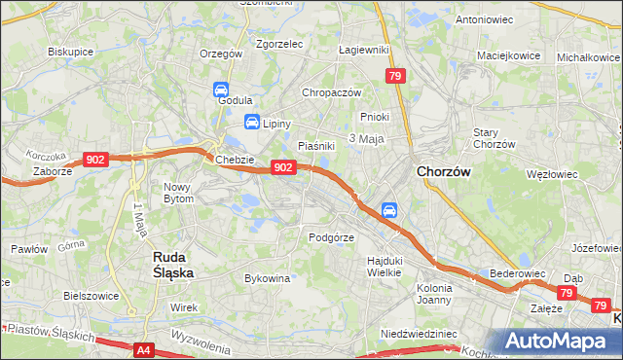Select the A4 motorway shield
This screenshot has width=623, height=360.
click(x=144, y=348)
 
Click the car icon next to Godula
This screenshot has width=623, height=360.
click(x=221, y=90)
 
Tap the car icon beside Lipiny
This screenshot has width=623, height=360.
click(x=251, y=123)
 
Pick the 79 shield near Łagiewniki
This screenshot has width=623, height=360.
click(x=394, y=76)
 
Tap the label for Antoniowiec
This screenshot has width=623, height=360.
click(x=484, y=18)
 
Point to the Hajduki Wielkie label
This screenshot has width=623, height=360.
click(x=385, y=267)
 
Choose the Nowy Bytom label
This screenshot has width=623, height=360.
click(x=178, y=193)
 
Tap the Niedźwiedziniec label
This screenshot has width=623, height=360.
click(x=419, y=333)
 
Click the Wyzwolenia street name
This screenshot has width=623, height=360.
click(x=199, y=340)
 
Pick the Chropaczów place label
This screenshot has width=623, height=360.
click(x=331, y=92)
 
